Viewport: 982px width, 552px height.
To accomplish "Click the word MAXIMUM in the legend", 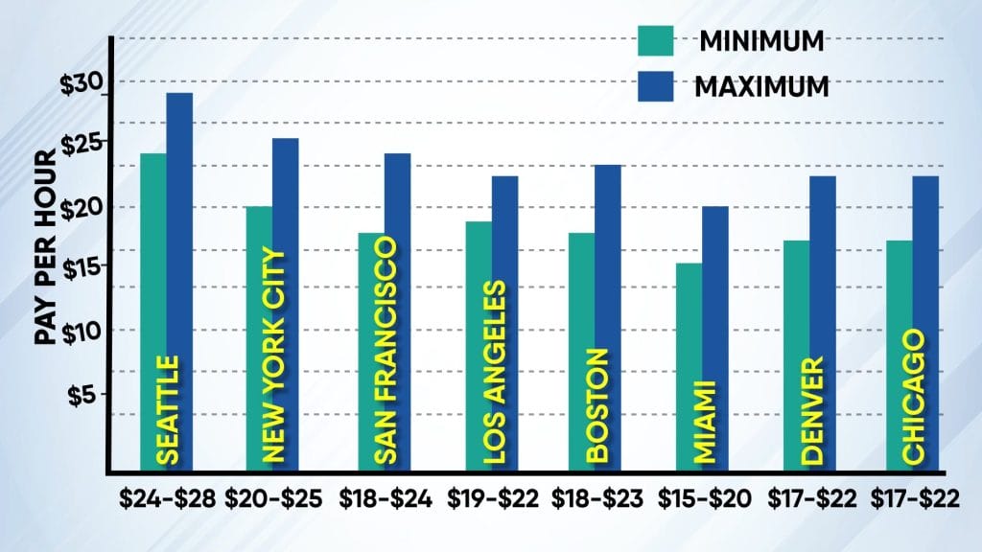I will coord(761,85).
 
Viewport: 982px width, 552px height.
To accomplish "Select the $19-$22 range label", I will coord(492,499).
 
